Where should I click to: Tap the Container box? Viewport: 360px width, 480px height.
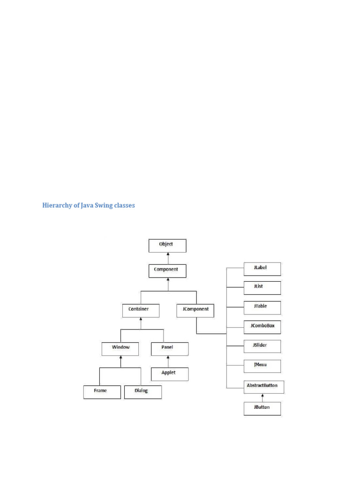tap(141, 310)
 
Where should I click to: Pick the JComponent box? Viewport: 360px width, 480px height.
tap(196, 310)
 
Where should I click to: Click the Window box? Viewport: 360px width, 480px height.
tap(120, 349)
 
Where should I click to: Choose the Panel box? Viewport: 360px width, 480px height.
tap(169, 349)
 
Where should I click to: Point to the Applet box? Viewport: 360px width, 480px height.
tap(169, 374)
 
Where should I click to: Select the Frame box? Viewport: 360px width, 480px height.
tap(102, 392)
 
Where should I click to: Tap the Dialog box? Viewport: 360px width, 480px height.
tap(142, 392)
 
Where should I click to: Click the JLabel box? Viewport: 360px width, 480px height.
tap(262, 269)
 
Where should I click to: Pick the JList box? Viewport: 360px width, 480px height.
tap(262, 287)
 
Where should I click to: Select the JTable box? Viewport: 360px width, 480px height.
tap(262, 307)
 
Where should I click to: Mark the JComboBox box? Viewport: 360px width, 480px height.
tap(262, 326)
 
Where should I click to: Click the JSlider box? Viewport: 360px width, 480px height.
tap(262, 346)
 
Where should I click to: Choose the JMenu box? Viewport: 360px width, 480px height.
tap(262, 365)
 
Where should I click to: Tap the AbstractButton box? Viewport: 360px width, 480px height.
tap(263, 387)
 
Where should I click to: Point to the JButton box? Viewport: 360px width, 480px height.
tap(262, 408)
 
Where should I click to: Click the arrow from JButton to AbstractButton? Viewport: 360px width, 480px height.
tap(262, 397)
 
